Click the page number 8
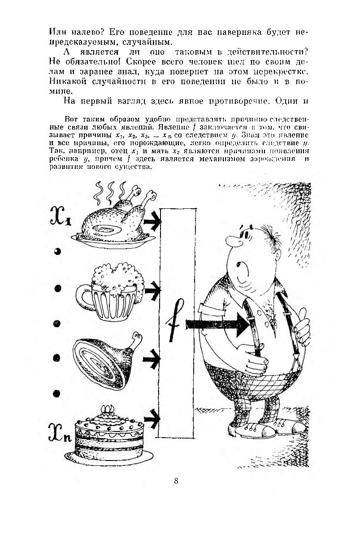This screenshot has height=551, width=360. point(176,482)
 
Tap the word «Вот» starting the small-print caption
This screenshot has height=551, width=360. point(72,120)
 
